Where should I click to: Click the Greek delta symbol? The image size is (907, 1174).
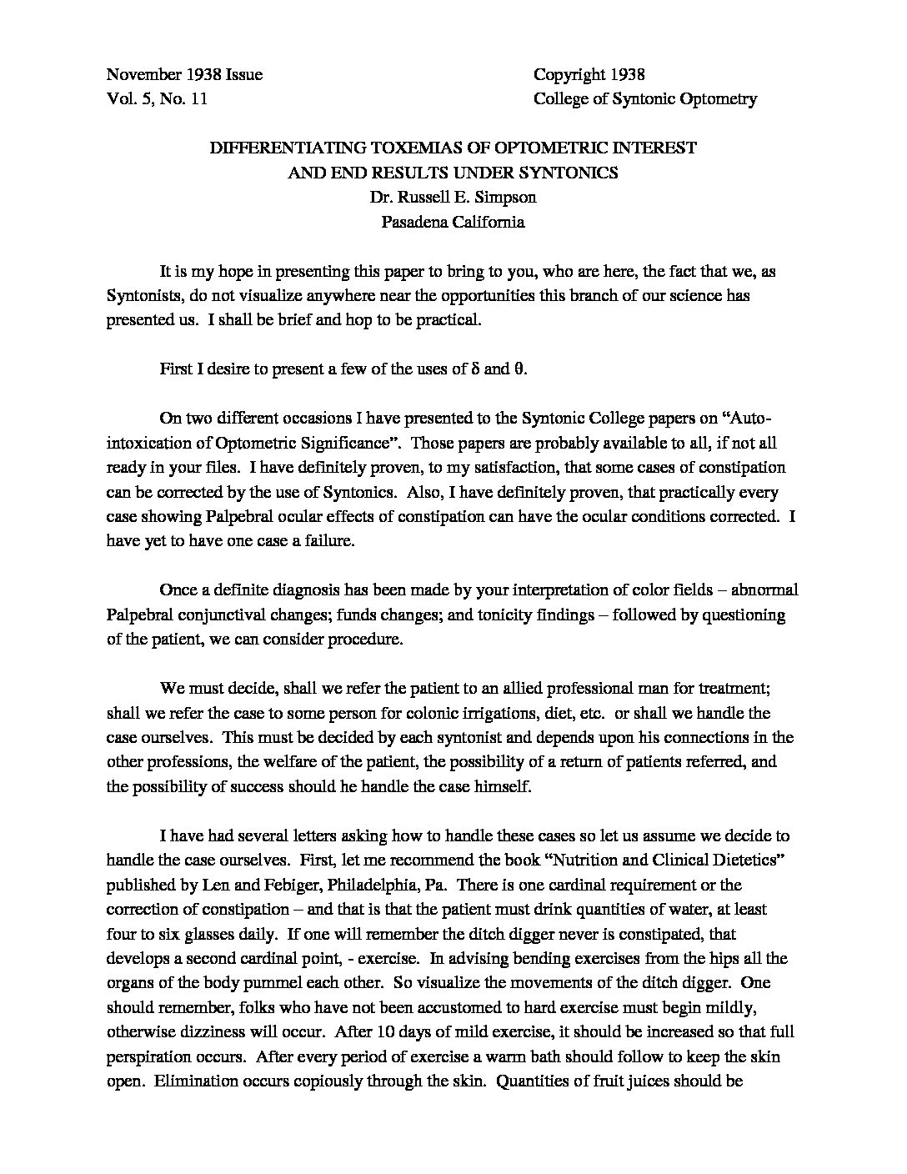[x=475, y=369]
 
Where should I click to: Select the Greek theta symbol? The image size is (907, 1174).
[x=518, y=369]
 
